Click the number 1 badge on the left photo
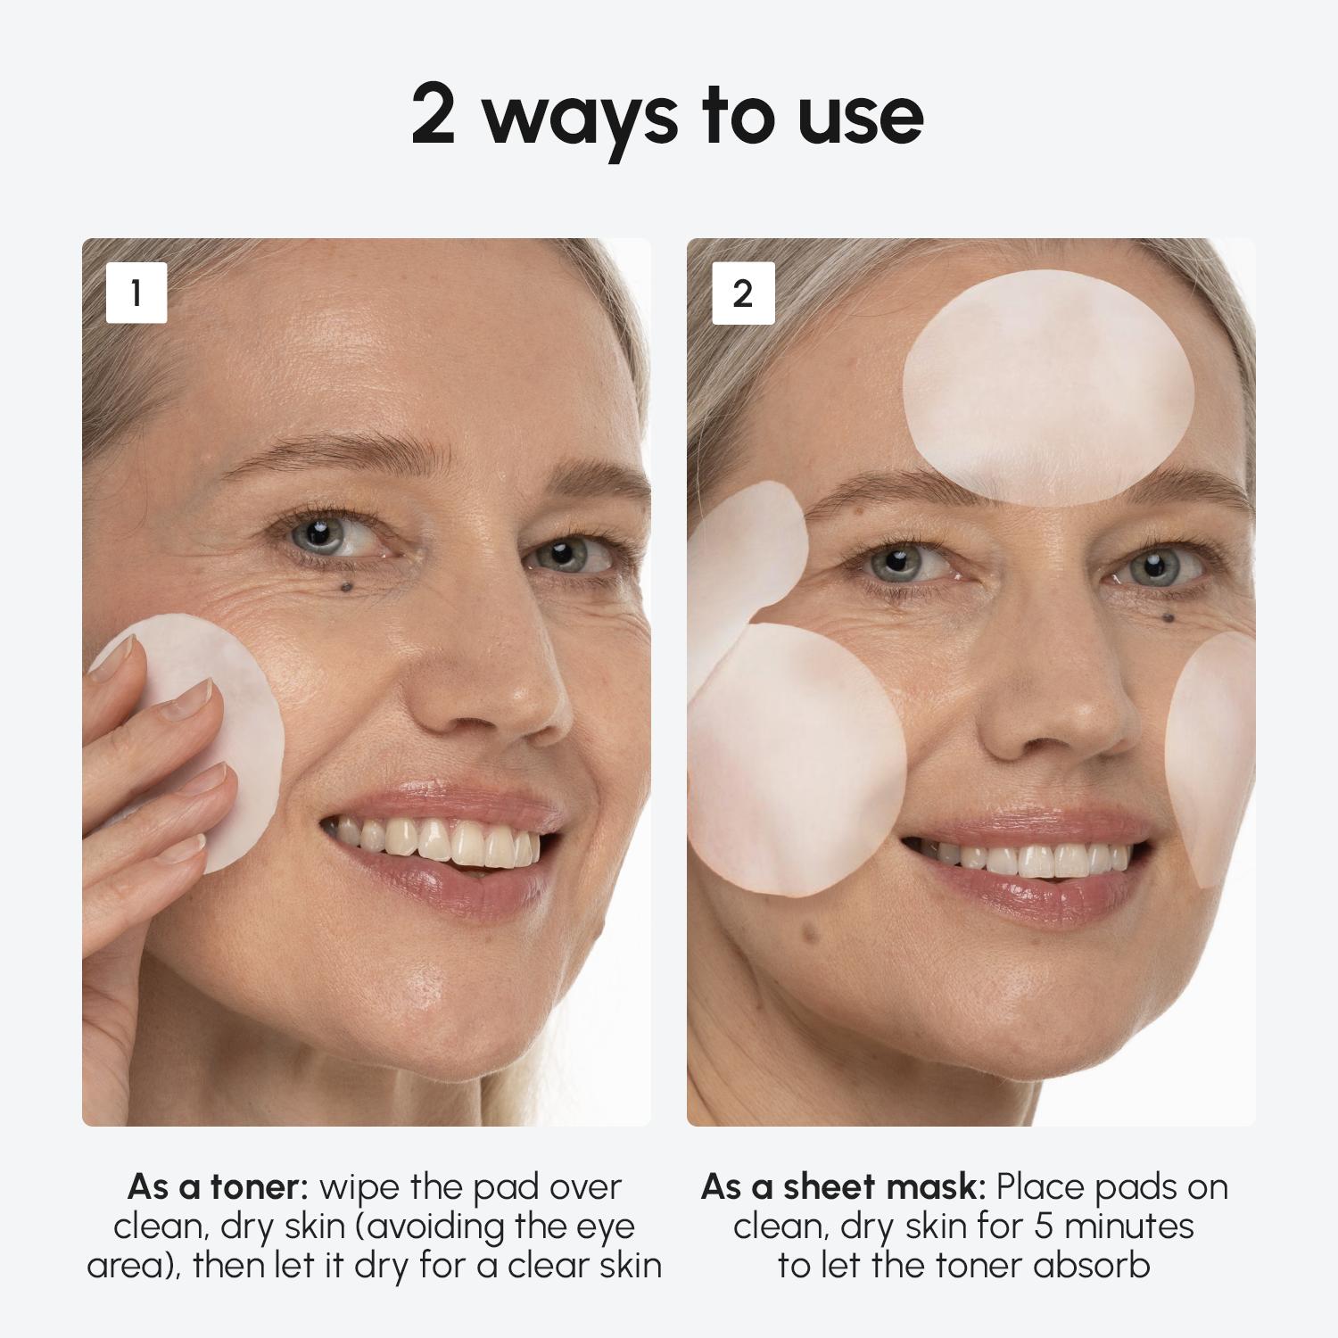(136, 293)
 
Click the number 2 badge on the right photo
(742, 293)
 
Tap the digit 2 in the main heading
(434, 116)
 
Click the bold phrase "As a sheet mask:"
(843, 1187)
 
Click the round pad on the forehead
(1048, 388)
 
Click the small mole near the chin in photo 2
(810, 934)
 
